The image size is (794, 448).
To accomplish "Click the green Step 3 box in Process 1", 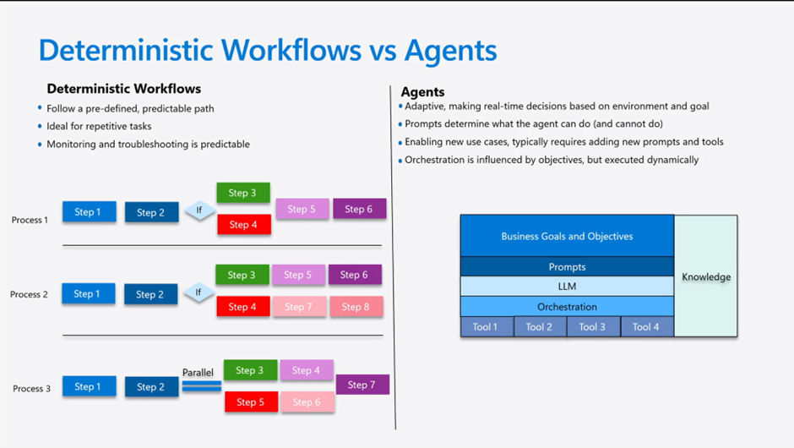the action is coord(243,193).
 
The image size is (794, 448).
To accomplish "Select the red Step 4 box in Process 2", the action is coord(243,307).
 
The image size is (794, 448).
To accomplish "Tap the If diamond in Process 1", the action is coord(199,210).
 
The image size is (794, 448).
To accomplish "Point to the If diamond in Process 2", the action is coord(198,292).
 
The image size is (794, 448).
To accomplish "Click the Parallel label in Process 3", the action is coord(198,373).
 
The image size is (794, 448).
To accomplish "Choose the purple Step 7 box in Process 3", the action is coord(362,385).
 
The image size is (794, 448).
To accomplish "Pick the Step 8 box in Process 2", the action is coord(356,307).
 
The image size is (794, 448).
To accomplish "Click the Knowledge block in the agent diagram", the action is coord(706,276).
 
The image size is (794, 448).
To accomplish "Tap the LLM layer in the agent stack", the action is coord(567,287).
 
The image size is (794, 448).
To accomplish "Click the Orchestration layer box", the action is coord(567,307).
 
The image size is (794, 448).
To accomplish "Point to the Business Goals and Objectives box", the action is coord(567,236).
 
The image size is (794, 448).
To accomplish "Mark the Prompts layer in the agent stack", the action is coord(567,266).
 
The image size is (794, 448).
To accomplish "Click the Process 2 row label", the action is coord(29,294).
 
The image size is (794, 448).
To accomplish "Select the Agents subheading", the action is coord(423,92).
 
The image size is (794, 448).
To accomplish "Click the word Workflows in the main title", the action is coord(291,50).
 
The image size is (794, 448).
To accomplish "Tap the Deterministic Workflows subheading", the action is coord(124,89).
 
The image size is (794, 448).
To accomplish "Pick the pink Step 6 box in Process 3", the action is coord(307,402).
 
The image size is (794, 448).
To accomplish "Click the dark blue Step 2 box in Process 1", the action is coord(151,212).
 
